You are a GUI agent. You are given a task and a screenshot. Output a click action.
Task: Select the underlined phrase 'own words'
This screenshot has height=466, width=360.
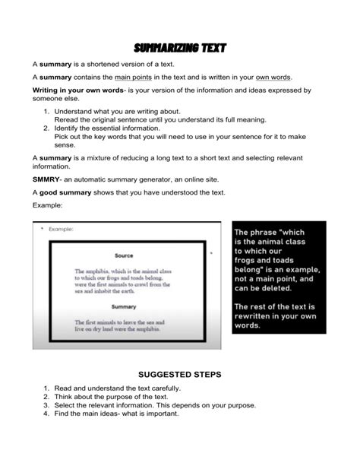pyautogui.click(x=273, y=77)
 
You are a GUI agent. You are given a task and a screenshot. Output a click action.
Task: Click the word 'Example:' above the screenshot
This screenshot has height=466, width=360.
pyautogui.click(x=47, y=206)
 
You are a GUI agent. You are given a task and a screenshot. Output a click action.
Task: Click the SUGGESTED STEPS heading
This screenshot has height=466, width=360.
pyautogui.click(x=179, y=375)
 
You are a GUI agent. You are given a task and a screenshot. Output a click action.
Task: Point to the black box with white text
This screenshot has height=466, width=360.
pyautogui.click(x=277, y=277)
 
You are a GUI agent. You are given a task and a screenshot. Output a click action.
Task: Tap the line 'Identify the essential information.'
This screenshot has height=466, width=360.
pyautogui.click(x=115, y=129)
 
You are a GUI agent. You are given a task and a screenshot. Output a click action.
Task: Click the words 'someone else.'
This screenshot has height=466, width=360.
pyautogui.click(x=55, y=99)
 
